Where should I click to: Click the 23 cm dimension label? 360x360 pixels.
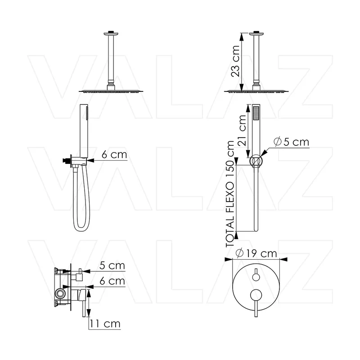coord(236,61)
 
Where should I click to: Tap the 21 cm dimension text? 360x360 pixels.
coord(242,130)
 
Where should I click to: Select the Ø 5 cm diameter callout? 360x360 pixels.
coord(292,142)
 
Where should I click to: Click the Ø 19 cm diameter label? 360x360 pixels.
coord(256,253)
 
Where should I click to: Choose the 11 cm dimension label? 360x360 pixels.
coord(105,324)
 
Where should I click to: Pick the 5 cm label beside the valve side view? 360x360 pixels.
coord(112,265)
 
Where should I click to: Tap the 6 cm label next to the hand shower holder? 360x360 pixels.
coord(114,154)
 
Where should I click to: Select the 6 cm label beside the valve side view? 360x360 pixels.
coord(112,281)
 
